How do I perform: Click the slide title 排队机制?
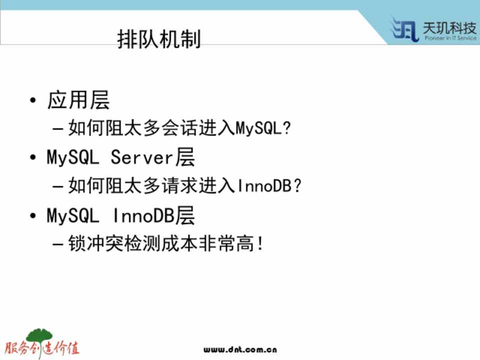pos(159,39)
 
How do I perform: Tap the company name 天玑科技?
pos(449,28)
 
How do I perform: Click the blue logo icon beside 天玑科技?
pos(404,29)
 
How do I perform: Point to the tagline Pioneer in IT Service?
pos(450,38)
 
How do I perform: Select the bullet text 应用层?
pos(78,100)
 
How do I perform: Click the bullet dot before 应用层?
pos(33,100)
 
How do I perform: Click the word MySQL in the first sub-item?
pos(258,128)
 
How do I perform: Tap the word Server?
pos(141,157)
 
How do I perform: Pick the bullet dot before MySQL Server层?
pos(33,157)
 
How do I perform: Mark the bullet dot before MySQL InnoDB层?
pos(33,216)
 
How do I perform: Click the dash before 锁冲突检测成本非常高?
pos(58,244)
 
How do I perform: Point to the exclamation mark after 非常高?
pos(260,243)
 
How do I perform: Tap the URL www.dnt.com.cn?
pos(240,349)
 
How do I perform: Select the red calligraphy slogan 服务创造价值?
pos(42,348)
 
